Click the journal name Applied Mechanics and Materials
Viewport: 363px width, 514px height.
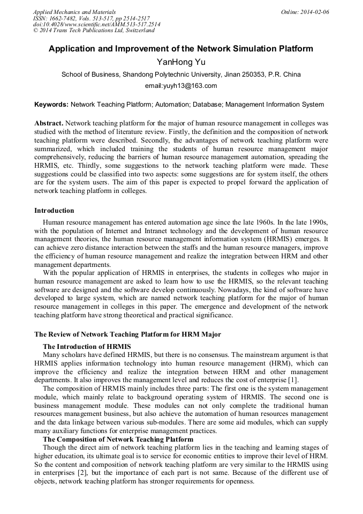[x=74, y=11]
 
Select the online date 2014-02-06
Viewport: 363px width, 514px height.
[x=314, y=11]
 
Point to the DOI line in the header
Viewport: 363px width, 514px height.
[x=96, y=24]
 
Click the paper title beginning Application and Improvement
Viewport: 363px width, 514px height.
[x=181, y=49]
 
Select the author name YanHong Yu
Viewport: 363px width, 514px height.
[x=181, y=62]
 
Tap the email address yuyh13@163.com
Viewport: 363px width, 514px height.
[x=181, y=86]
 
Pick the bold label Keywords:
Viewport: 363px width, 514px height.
[x=51, y=105]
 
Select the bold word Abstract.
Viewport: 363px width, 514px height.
[x=49, y=123]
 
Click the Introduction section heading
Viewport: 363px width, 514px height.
[x=54, y=210]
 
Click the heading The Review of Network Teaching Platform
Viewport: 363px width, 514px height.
[x=127, y=334]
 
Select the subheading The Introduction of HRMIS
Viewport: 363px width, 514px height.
[x=87, y=346]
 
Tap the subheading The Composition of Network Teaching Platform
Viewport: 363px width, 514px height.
[x=118, y=439]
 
